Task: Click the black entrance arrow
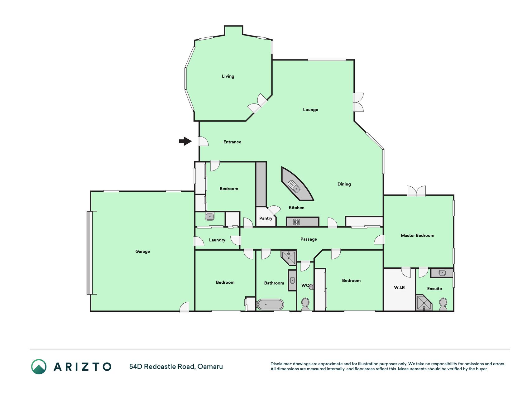coord(185,141)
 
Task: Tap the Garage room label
coord(143,251)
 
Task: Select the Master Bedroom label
coord(417,235)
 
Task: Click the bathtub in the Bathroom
coord(270,304)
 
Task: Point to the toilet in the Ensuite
coord(443,304)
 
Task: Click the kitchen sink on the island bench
coord(294,186)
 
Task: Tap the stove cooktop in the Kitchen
coord(296,222)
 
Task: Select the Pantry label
coord(266,218)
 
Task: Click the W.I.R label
coord(399,287)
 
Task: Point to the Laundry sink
coord(210,216)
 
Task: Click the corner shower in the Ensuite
coord(424,303)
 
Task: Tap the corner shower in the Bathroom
coord(289,257)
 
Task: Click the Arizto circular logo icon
coord(39,367)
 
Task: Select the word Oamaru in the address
coord(210,367)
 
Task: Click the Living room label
coord(228,76)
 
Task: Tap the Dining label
coord(344,184)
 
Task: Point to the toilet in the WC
coord(305,304)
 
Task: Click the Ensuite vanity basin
coord(442,273)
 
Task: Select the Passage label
coord(309,239)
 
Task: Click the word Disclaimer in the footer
coord(281,364)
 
